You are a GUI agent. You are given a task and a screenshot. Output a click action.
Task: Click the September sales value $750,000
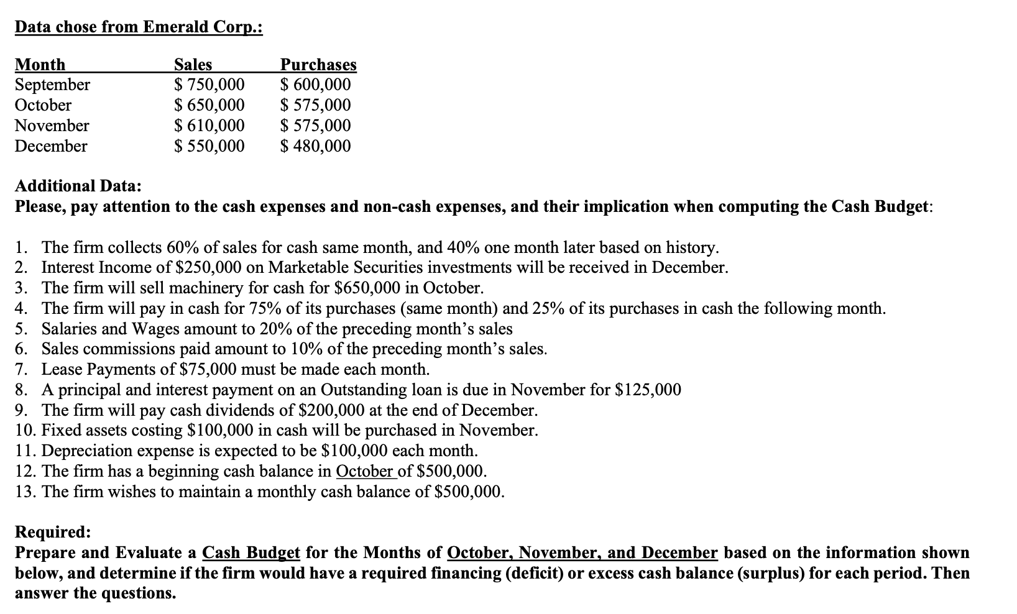(x=209, y=85)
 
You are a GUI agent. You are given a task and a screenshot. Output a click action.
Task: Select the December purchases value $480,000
(x=315, y=146)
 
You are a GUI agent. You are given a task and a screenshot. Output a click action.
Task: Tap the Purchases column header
(x=318, y=65)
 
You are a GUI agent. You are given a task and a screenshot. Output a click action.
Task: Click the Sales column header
(x=193, y=65)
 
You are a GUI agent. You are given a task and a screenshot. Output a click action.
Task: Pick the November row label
(x=52, y=126)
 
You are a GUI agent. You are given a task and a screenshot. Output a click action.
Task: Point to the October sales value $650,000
(x=209, y=105)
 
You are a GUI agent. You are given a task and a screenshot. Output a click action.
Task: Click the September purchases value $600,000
(x=315, y=85)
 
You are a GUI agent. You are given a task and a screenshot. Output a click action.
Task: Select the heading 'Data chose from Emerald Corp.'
(x=139, y=27)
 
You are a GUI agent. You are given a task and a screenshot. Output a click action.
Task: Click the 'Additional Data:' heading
(x=78, y=186)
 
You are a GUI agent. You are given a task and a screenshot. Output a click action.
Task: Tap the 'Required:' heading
(x=53, y=532)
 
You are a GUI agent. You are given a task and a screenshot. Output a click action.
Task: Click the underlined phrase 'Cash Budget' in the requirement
(x=251, y=552)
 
